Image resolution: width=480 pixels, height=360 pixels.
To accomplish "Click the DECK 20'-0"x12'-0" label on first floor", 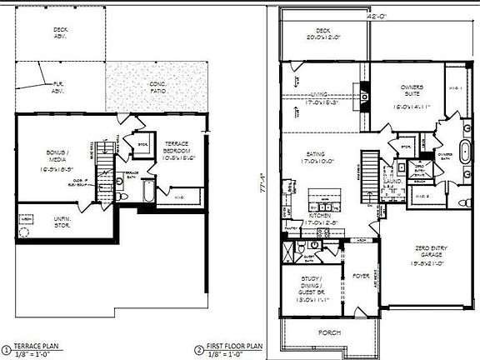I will click(x=323, y=33).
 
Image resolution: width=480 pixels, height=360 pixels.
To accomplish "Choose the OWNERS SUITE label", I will click(x=412, y=96).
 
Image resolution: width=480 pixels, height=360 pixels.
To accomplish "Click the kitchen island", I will click(x=322, y=204).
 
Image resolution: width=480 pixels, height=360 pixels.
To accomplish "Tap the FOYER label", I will click(x=360, y=274).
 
